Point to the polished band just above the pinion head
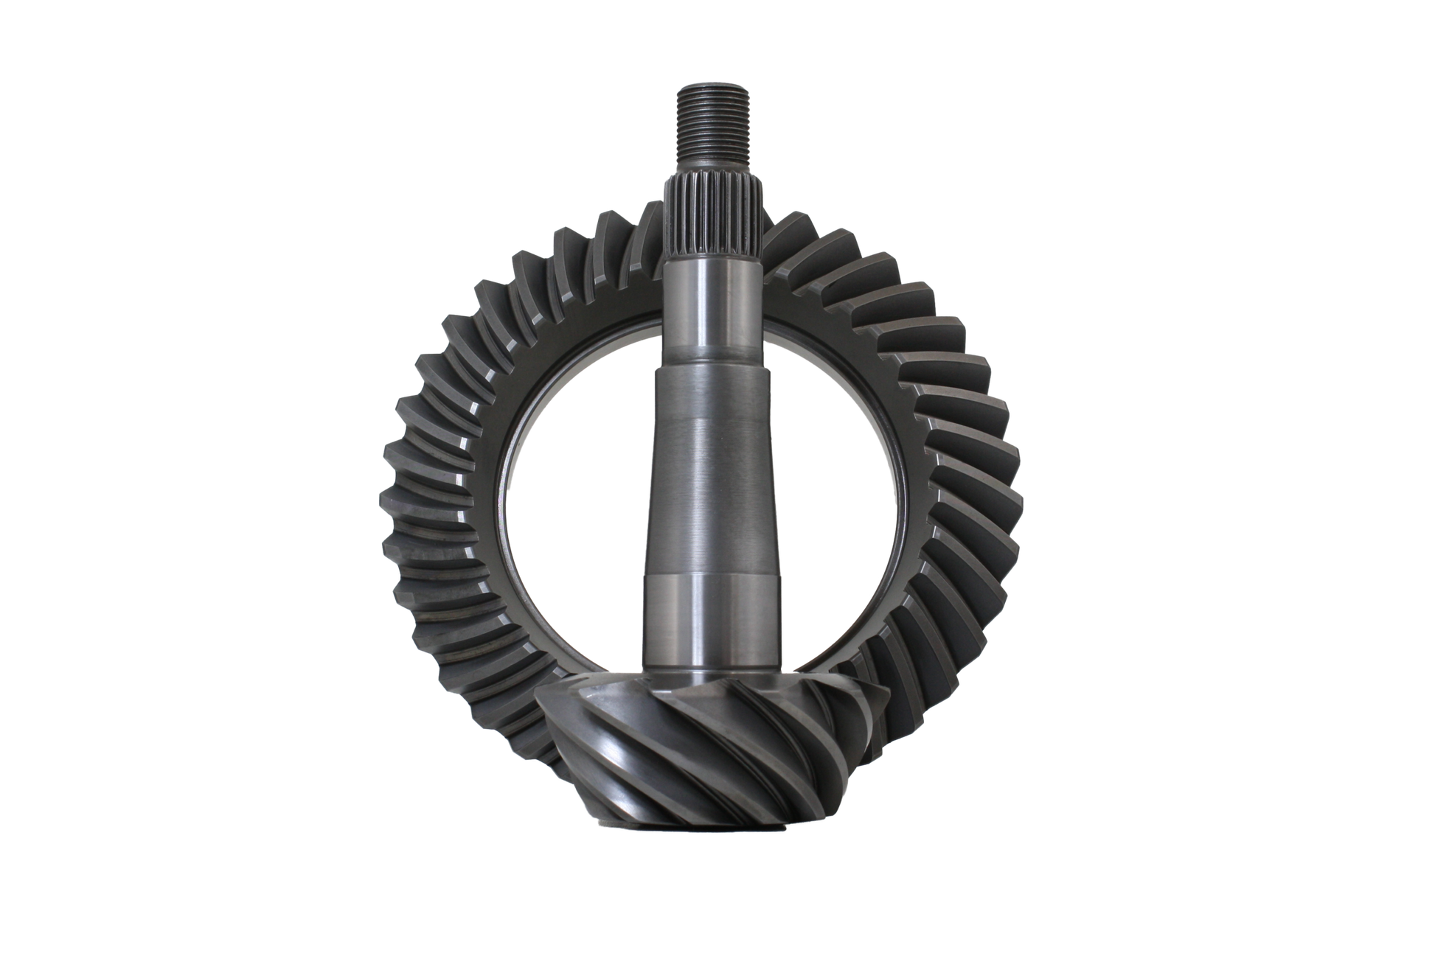click(x=712, y=627)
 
